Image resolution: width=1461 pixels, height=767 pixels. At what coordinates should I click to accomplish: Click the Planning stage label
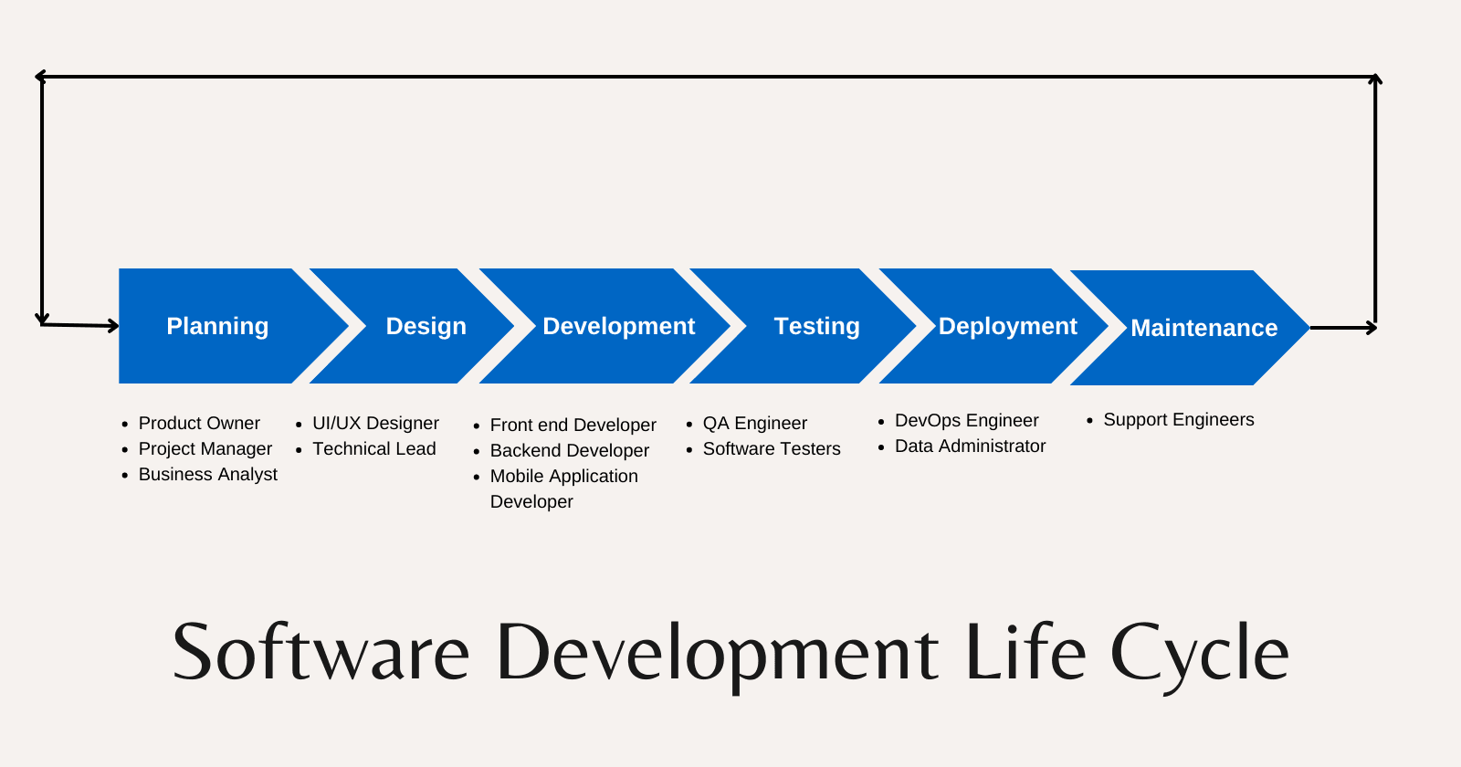click(x=217, y=326)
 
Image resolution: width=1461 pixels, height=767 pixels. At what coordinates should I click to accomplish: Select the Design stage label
click(x=426, y=326)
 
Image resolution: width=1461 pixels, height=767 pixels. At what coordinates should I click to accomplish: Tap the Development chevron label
click(x=619, y=326)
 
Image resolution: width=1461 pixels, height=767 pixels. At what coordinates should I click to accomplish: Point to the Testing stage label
click(x=816, y=326)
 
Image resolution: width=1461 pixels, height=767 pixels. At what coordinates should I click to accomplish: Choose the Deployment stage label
click(x=1008, y=326)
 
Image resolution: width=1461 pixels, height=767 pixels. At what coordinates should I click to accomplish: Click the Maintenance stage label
click(x=1204, y=328)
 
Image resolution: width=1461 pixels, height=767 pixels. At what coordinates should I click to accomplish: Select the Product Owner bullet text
click(x=199, y=424)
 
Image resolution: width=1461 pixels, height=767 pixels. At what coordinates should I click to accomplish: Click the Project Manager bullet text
click(x=205, y=448)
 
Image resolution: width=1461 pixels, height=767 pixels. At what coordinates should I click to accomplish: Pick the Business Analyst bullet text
click(x=207, y=474)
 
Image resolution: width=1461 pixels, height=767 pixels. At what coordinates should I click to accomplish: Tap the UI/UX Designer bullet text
click(x=375, y=424)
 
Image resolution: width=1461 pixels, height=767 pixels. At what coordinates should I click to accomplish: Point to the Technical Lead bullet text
click(x=373, y=448)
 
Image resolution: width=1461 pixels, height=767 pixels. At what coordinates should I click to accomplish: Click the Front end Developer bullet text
click(x=573, y=426)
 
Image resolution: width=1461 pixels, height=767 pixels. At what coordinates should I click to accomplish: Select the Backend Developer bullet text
click(x=570, y=451)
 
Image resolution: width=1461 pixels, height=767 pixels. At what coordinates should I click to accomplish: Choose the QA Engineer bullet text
click(x=754, y=424)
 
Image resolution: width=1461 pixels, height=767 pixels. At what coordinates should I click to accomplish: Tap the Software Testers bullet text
click(x=772, y=448)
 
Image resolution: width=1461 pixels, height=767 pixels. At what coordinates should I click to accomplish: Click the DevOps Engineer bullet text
click(x=967, y=421)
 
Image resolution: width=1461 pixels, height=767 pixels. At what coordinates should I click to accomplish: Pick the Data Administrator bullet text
click(x=970, y=447)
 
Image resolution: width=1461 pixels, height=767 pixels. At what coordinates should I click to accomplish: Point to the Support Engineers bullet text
click(x=1179, y=420)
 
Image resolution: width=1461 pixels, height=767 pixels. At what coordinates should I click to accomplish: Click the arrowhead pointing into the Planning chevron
click(x=113, y=325)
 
